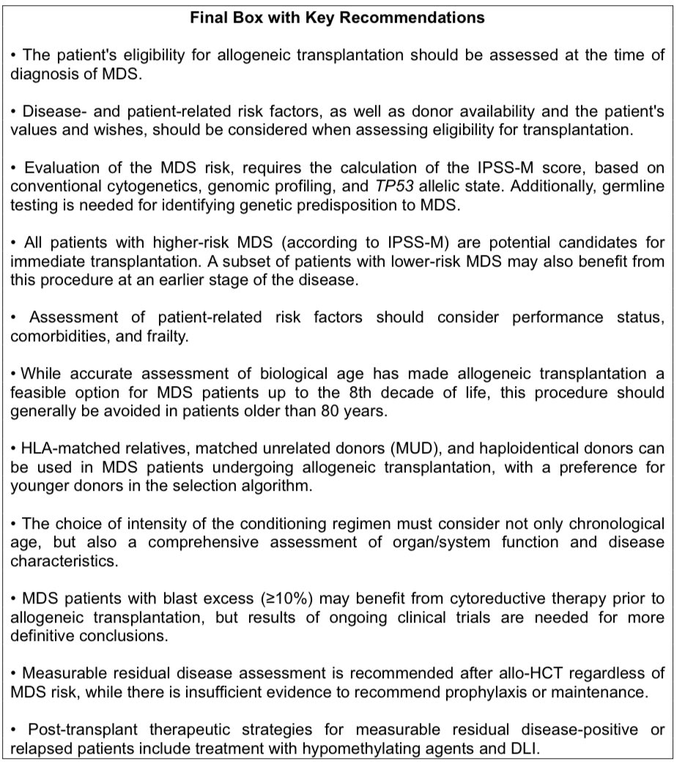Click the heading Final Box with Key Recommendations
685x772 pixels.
coord(337,18)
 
